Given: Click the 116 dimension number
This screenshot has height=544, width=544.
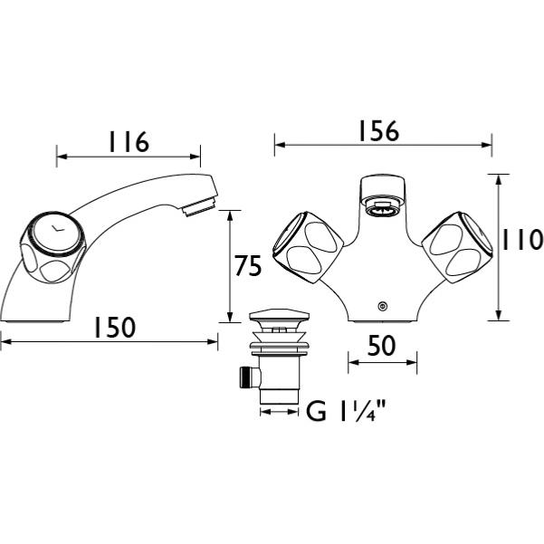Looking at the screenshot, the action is (x=129, y=141).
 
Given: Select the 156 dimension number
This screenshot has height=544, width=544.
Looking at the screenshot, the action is (x=379, y=131).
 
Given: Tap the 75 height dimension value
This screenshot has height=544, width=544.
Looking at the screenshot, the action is (x=248, y=265).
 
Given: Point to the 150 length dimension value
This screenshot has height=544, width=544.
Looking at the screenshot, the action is (x=114, y=327).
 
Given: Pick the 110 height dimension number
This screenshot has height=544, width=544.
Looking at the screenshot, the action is (x=521, y=239).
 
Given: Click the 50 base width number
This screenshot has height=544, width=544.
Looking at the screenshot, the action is (x=382, y=346).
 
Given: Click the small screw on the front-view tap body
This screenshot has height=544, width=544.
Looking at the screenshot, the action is (x=383, y=306).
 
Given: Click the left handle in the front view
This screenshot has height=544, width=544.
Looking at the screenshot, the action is (x=308, y=247).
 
